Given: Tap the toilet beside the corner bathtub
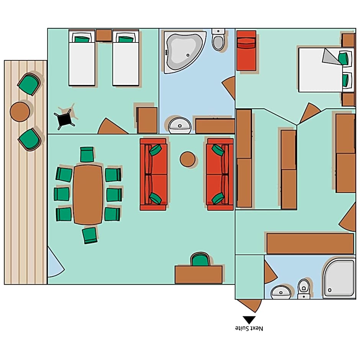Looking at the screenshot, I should click(x=219, y=40).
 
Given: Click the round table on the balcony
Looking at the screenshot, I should click(x=20, y=111).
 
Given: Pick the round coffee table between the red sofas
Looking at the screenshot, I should click(x=188, y=159).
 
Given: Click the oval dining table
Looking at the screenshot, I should click(x=88, y=195).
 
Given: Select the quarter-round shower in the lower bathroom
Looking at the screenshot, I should click(x=339, y=278).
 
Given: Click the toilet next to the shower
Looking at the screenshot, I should click(x=304, y=288).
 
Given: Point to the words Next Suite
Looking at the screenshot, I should click(x=249, y=329).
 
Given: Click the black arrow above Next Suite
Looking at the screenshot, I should click(x=249, y=319).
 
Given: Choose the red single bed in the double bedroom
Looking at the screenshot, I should click(x=246, y=51).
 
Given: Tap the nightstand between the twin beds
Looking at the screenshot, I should click(x=104, y=35).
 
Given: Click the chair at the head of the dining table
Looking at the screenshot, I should click(x=87, y=155).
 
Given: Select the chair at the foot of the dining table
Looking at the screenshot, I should click(x=90, y=235).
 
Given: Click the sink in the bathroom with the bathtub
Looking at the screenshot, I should click(x=180, y=125).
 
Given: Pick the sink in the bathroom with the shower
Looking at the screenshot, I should click(x=281, y=293).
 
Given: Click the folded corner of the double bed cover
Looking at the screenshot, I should click(x=329, y=57).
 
